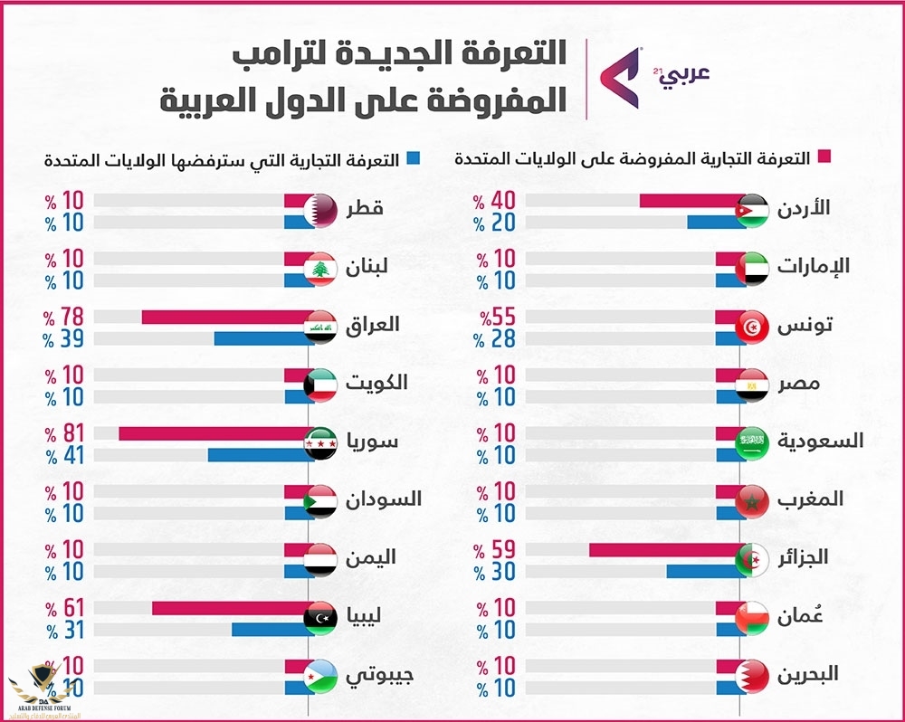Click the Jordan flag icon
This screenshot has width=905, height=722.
[x=753, y=210]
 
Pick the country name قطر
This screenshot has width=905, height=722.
[x=366, y=209]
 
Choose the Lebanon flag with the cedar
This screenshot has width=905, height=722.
[x=319, y=269]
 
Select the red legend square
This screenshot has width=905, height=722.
[x=824, y=160]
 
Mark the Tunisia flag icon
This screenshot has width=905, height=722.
[x=753, y=327]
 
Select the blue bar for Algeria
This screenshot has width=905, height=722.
[x=705, y=571]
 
